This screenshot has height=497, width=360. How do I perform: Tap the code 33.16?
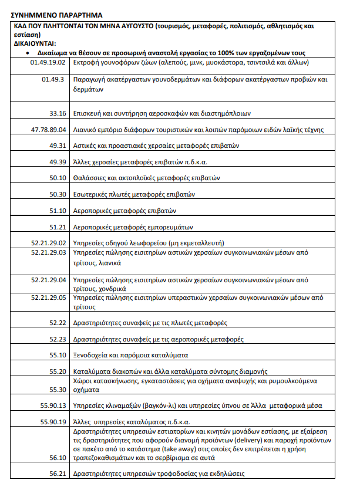58,113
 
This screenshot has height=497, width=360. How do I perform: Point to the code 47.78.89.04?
49,129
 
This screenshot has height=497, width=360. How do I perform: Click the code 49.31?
58,145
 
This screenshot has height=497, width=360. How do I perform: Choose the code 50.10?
58,177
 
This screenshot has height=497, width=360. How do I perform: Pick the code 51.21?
58,226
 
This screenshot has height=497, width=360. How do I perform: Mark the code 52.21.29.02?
49,242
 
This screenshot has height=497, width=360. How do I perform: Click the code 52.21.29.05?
49,297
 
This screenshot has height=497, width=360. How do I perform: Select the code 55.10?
58,355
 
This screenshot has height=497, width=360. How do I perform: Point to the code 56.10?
58,458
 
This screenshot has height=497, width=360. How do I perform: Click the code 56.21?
58,474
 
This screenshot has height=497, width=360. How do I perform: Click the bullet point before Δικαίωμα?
28,53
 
